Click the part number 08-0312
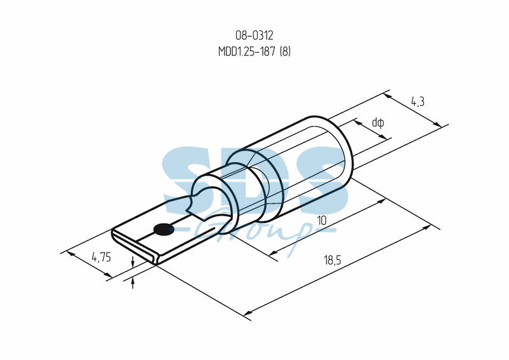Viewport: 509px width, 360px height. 254,35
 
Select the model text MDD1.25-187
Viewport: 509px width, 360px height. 247,52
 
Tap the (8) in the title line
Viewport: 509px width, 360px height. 284,52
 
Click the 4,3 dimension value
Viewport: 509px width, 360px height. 417,102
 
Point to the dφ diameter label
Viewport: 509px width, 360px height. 378,123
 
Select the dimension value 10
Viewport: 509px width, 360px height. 321,221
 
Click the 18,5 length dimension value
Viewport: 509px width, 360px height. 332,260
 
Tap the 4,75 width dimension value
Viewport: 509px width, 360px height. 101,257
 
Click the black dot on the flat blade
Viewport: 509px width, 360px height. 164,230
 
